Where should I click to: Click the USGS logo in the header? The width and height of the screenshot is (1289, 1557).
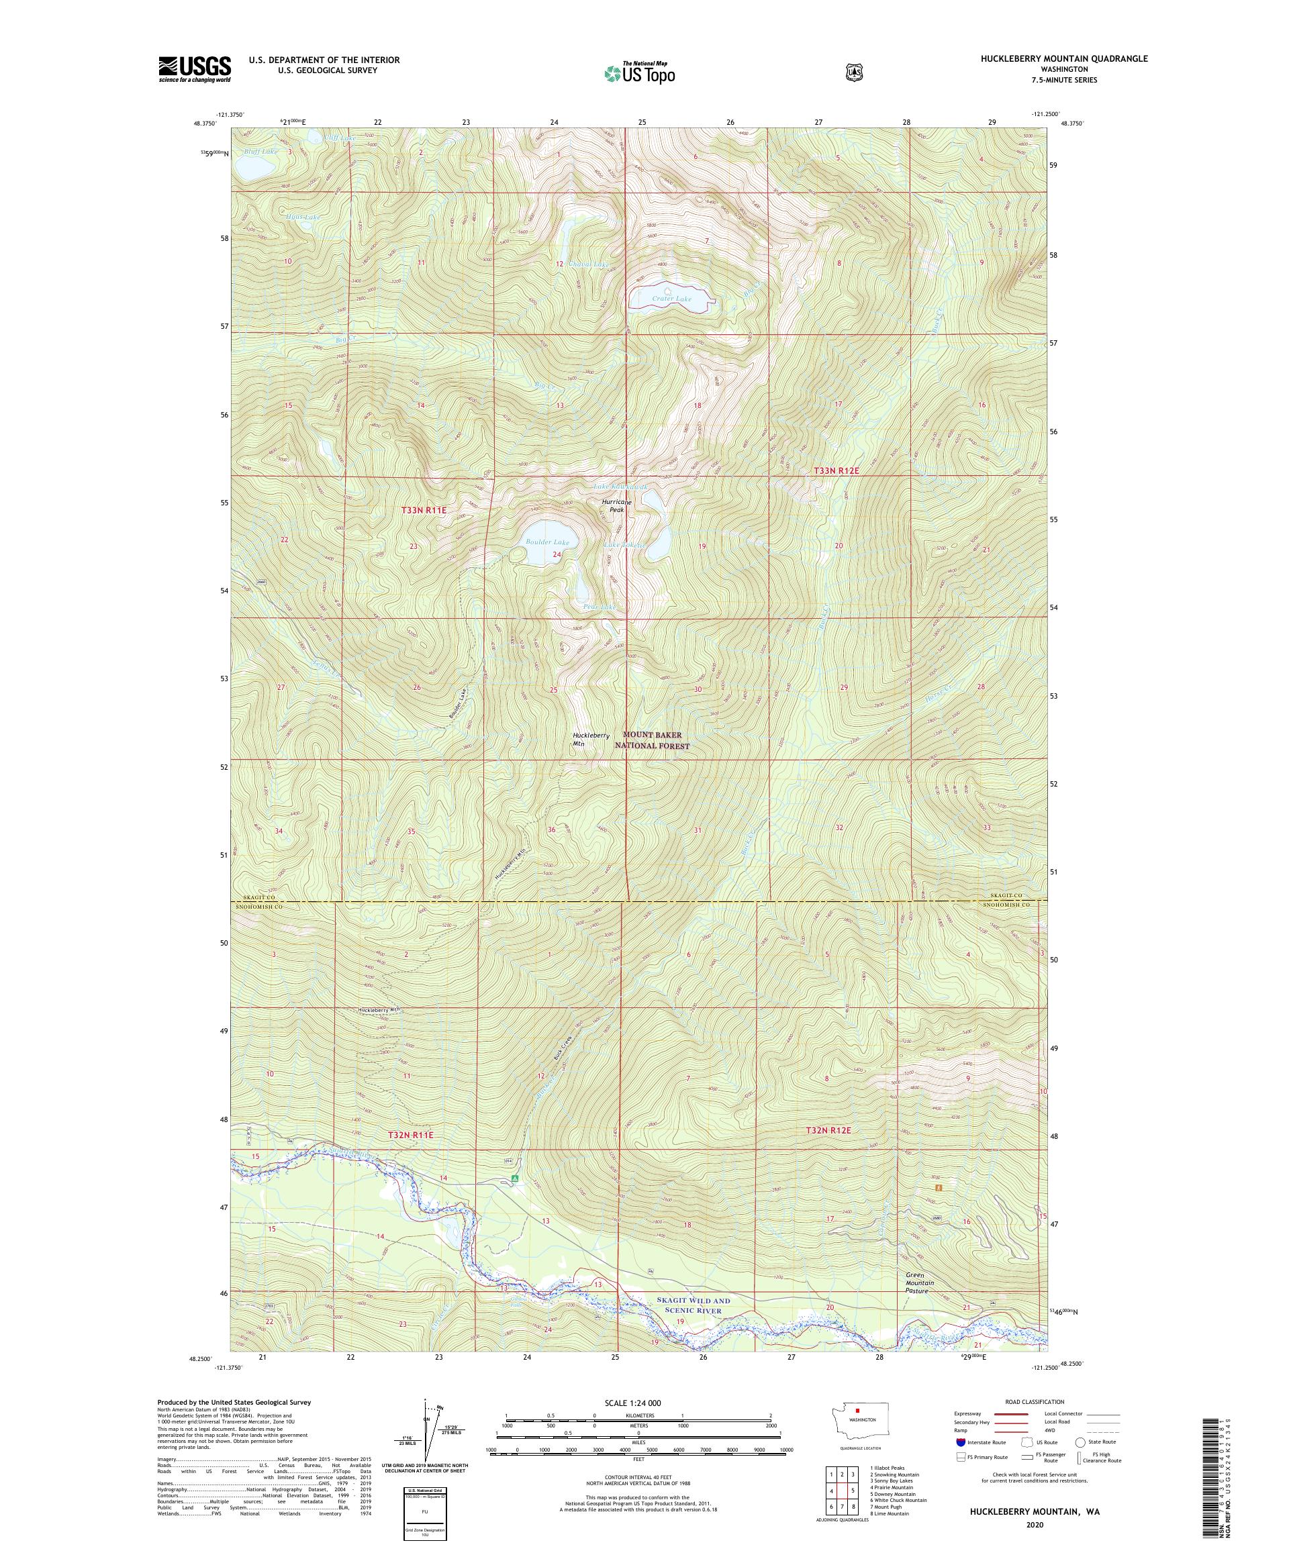click(194, 69)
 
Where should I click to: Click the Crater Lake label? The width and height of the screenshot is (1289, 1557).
click(671, 299)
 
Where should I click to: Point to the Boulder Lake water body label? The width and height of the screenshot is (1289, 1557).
click(547, 542)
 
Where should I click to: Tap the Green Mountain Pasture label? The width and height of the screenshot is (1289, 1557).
click(919, 1283)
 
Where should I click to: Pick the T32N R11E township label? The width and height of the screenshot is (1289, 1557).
click(410, 1135)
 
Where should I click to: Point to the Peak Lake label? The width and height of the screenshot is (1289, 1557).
click(600, 607)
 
